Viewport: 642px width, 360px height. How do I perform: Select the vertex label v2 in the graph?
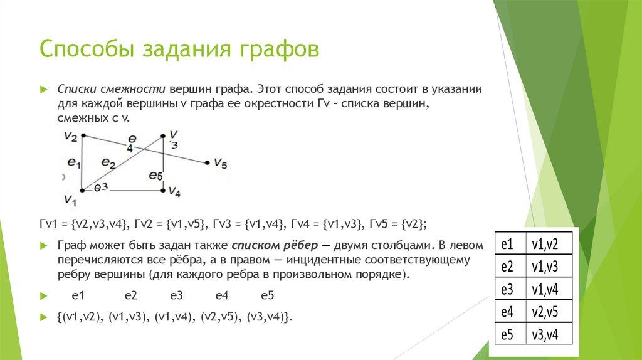pos(70,136)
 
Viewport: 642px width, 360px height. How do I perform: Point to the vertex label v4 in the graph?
pos(174,191)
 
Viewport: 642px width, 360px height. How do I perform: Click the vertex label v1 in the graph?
pos(70,201)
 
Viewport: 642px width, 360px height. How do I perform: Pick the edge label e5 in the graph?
pos(155,176)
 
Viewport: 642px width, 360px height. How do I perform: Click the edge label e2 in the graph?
pos(108,164)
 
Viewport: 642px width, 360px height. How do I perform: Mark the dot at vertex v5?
pos(207,163)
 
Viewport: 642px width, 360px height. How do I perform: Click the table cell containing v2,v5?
pos(544,312)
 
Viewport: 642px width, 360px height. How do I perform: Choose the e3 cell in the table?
pos(507,289)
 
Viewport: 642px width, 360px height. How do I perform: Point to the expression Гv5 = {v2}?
pos(399,223)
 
